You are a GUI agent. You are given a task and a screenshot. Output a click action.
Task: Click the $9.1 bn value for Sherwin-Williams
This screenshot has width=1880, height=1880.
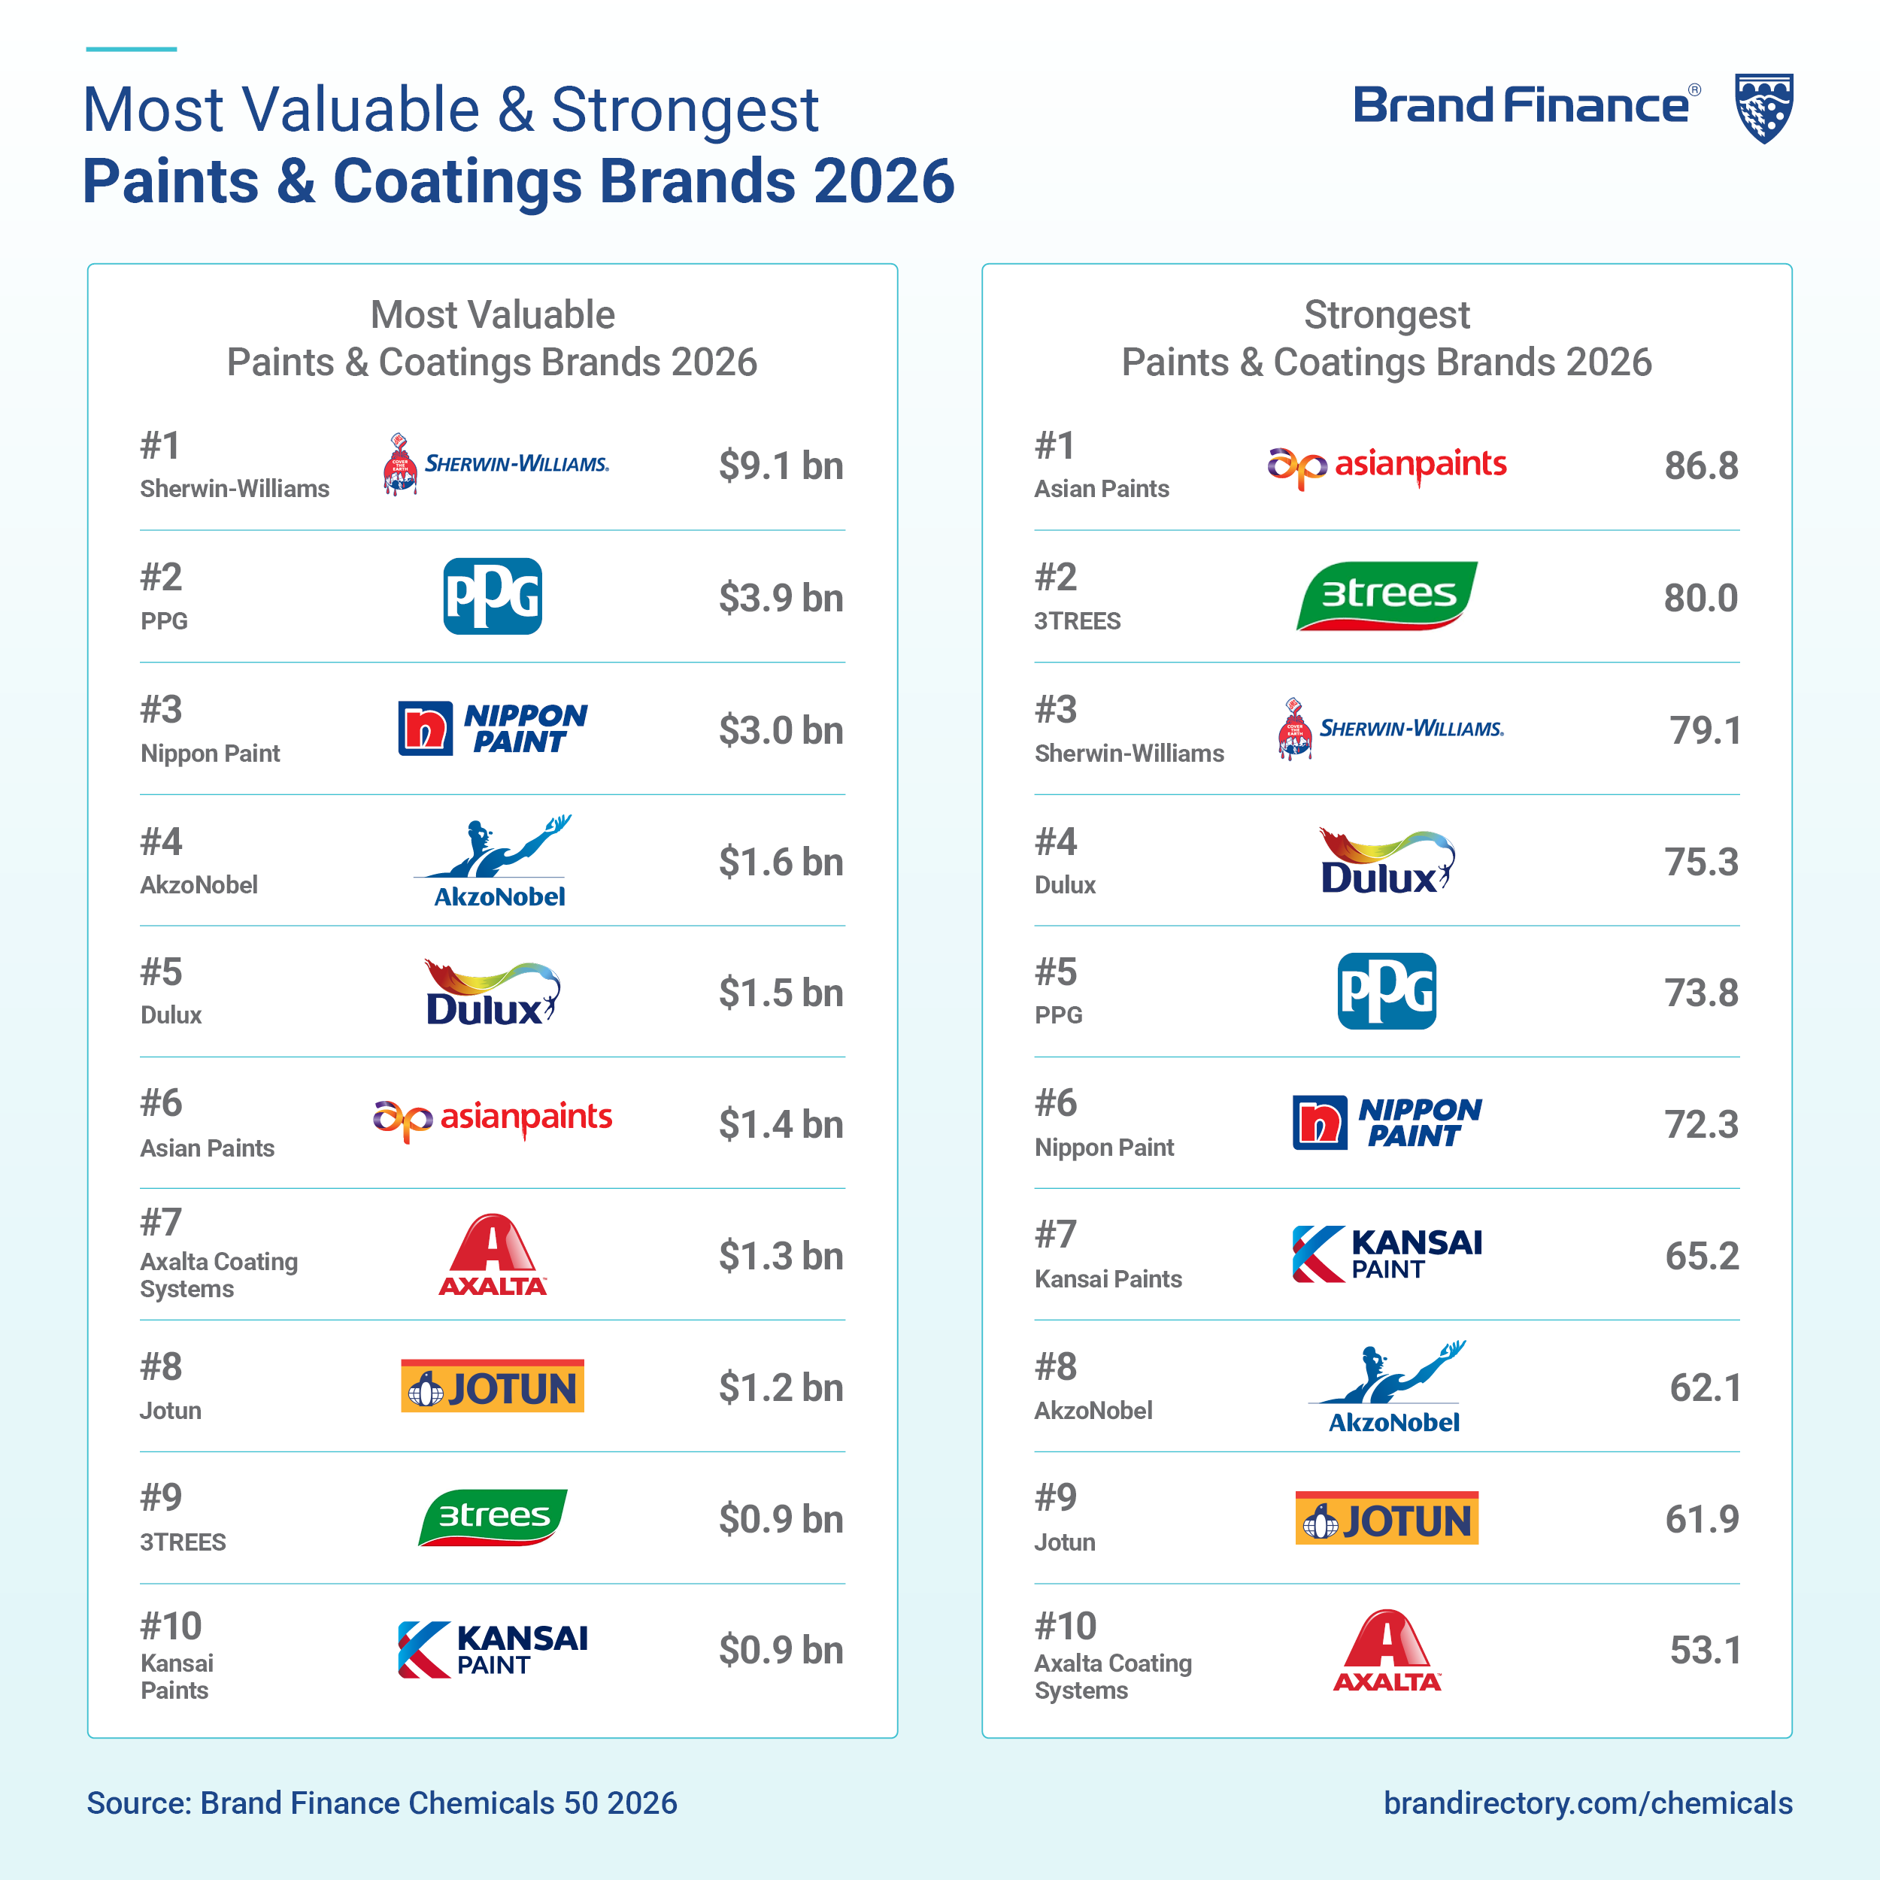point(781,465)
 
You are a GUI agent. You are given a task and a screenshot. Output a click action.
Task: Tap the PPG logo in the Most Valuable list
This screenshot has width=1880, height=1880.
point(493,596)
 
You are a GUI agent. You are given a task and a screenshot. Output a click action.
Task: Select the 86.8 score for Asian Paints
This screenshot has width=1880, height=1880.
point(1700,465)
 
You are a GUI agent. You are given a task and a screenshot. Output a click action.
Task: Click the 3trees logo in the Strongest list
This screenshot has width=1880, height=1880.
point(1386,596)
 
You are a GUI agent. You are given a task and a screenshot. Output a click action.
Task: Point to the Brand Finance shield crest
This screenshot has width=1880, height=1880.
point(1764,108)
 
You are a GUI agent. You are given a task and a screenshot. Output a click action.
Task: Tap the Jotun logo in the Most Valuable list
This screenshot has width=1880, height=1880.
point(493,1386)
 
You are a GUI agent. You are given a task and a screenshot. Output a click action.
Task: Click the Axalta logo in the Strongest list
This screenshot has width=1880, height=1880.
point(1387,1651)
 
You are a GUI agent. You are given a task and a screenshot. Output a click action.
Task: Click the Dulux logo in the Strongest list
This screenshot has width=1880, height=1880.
point(1387,861)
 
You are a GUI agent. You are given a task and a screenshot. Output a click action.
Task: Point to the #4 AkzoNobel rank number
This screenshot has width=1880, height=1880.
point(161,841)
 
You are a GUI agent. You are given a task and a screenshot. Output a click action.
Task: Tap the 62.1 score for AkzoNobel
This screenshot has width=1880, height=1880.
point(1705,1387)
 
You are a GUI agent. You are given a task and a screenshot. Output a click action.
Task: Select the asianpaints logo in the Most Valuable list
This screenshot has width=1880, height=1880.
point(493,1119)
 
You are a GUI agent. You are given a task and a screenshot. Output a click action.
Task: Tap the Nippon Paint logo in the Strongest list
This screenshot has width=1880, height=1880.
point(1387,1122)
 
